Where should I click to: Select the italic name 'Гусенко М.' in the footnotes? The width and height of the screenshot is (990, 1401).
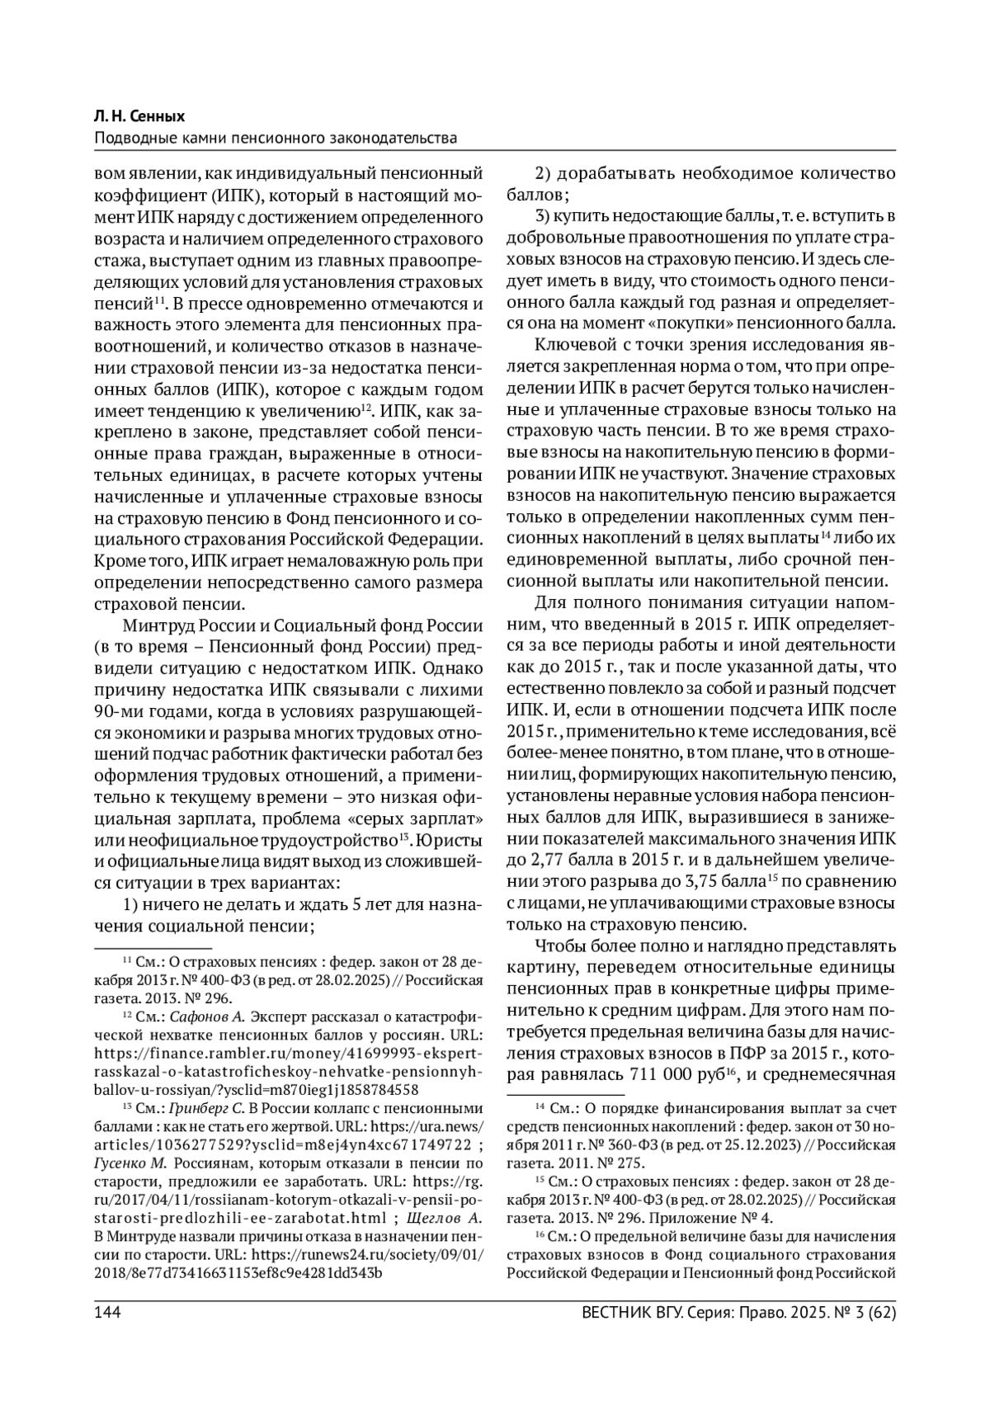[131, 1163]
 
